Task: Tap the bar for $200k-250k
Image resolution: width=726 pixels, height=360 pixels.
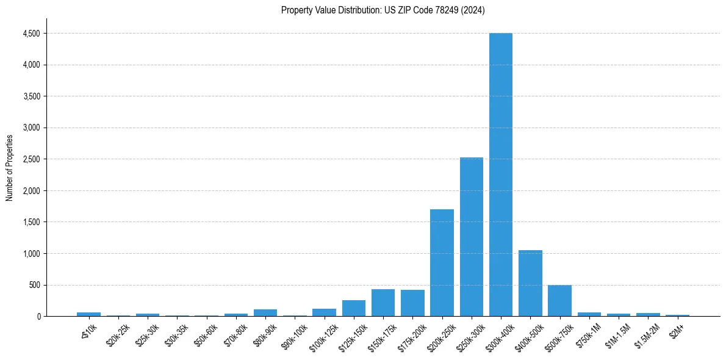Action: click(x=442, y=262)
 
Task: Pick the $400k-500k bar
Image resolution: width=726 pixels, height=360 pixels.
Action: click(x=530, y=283)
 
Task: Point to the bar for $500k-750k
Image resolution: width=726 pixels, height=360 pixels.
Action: click(x=559, y=301)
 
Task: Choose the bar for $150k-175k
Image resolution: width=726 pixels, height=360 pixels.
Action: click(x=383, y=303)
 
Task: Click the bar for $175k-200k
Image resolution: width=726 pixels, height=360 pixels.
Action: click(x=412, y=303)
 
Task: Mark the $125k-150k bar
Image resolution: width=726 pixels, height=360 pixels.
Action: click(x=354, y=308)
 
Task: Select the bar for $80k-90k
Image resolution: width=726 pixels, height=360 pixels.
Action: click(x=265, y=312)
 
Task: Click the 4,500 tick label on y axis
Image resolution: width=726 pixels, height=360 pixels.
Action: click(x=31, y=34)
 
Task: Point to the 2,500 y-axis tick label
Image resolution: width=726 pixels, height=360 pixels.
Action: click(x=31, y=159)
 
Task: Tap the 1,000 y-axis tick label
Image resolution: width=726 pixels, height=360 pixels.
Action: click(x=31, y=254)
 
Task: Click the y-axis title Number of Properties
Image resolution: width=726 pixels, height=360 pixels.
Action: click(x=9, y=167)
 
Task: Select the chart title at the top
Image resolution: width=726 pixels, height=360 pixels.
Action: click(x=383, y=10)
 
